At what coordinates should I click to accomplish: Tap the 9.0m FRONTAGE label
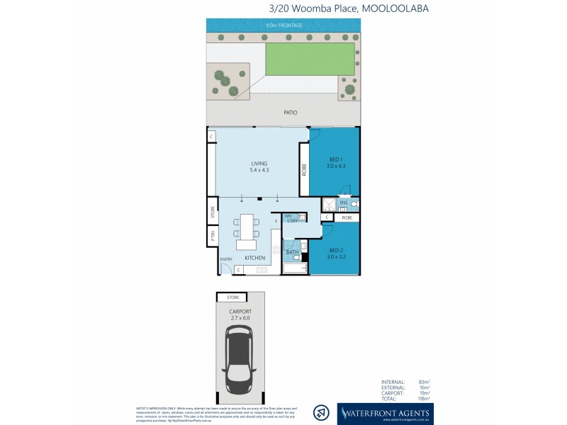coord(283,25)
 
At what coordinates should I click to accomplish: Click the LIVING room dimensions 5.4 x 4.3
coord(259,171)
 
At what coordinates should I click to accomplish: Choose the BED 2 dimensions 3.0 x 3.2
coord(336,257)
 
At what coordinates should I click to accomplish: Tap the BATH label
coord(291,251)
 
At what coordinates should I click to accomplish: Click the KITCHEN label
coord(255,258)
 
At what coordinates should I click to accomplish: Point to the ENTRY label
coord(226,259)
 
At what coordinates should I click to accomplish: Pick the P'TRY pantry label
coord(212,237)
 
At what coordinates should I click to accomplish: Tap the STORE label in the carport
coord(232,297)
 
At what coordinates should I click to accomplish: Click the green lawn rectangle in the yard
coord(309,57)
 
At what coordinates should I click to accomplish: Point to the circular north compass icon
coord(322,412)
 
